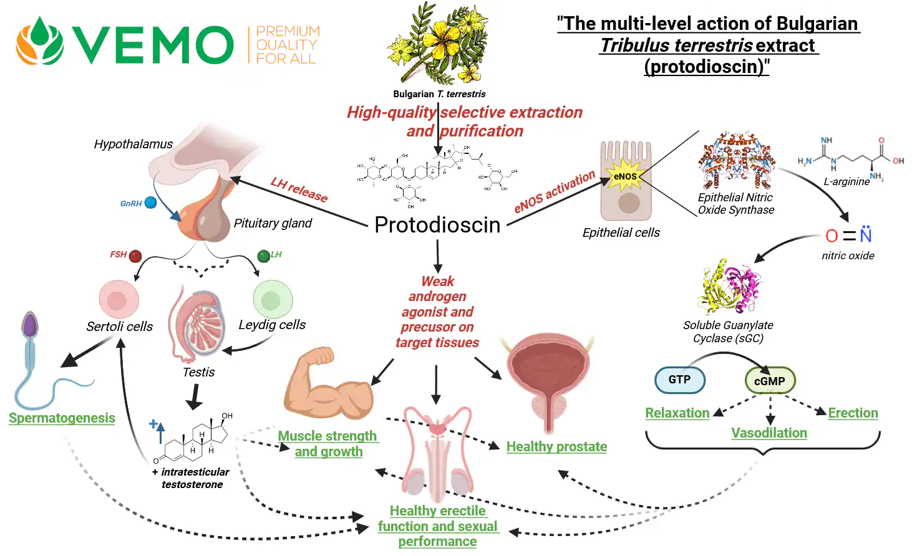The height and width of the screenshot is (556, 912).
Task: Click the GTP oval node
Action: (679, 380)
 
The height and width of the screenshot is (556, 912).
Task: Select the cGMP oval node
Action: (770, 381)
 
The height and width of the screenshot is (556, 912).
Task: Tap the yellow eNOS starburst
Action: (625, 176)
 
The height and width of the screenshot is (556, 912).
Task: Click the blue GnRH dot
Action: (150, 203)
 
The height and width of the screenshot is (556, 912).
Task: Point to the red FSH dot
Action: (135, 256)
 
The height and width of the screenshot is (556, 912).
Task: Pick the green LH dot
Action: (263, 255)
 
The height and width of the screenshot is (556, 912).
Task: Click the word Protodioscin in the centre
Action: (437, 225)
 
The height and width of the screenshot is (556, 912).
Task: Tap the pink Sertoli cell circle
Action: (119, 300)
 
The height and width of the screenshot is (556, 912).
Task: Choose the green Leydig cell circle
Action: (273, 300)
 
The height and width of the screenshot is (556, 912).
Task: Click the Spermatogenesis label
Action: (62, 418)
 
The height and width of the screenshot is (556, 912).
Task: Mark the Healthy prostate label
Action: (556, 446)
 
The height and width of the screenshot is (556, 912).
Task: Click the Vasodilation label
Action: (769, 433)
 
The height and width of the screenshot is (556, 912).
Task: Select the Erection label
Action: (853, 413)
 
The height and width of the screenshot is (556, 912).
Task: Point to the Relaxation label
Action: (677, 413)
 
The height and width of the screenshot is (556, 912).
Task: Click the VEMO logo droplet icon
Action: (40, 42)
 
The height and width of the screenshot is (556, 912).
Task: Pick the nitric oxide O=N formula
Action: (848, 236)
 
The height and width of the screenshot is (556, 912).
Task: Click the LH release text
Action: (299, 189)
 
